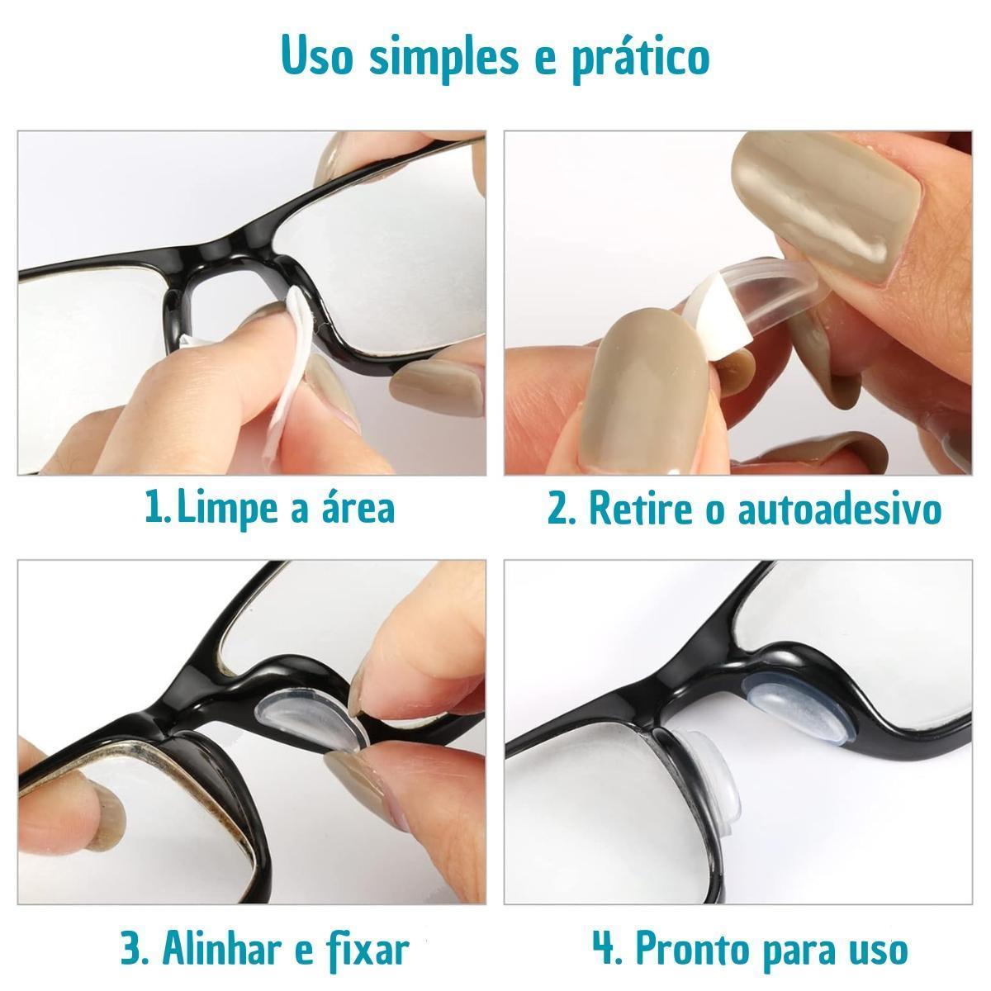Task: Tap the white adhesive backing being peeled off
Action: click(718, 315)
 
